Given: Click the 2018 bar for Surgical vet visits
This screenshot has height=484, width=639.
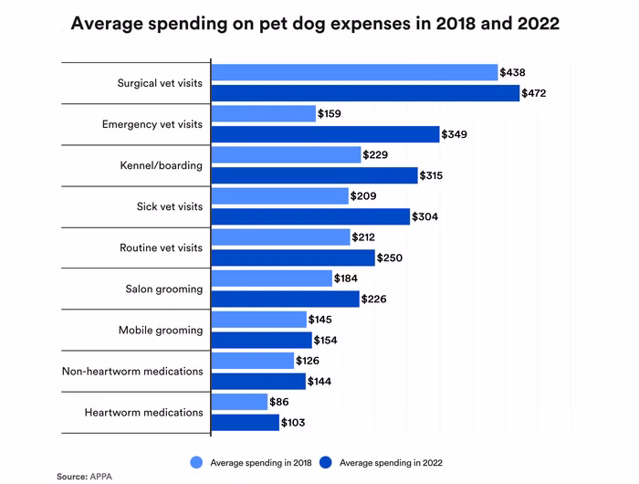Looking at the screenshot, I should (354, 72).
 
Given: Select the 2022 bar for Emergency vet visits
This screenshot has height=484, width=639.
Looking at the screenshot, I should (325, 134).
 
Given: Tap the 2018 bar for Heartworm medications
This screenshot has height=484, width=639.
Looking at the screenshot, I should (239, 402).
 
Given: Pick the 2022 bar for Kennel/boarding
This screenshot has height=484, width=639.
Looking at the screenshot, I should (314, 175).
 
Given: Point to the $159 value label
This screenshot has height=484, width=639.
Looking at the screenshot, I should (330, 114).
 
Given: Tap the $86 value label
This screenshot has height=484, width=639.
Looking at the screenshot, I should (280, 402).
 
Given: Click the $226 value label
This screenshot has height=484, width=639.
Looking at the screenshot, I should (375, 299).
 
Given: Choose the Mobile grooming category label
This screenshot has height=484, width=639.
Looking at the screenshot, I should (161, 330).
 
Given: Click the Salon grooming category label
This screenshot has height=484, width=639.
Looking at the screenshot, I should (164, 289).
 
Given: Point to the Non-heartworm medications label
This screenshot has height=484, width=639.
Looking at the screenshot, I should (132, 371).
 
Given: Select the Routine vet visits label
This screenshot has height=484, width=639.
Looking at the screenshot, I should (162, 247).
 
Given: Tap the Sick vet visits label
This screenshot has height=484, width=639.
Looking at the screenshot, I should (170, 206).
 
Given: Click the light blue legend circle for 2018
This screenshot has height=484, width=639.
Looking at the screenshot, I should (195, 462).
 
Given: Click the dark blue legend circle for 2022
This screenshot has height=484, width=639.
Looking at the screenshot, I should (325, 462).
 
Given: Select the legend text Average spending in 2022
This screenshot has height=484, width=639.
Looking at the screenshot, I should (392, 463).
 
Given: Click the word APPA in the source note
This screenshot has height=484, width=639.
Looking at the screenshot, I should (101, 477).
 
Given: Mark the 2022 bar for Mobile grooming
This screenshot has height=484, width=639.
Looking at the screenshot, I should (261, 340).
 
